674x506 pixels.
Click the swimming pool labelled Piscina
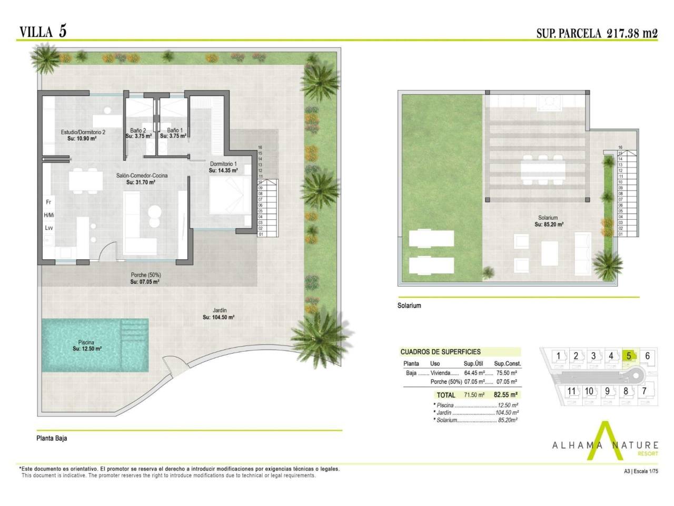click(95, 345)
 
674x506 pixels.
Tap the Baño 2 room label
click(138, 130)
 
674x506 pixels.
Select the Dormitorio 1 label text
click(223, 164)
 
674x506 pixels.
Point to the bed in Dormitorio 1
click(230, 196)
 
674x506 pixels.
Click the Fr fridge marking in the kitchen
click(48, 202)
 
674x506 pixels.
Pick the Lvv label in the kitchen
click(49, 228)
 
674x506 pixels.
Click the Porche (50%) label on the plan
click(145, 275)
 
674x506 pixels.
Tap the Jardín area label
click(219, 310)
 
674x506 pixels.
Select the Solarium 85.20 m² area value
click(549, 225)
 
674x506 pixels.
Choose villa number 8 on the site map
click(626, 391)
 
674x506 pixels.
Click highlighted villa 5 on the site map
click(629, 356)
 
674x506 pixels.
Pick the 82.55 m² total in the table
click(506, 395)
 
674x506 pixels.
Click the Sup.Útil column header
click(473, 364)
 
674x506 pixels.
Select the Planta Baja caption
click(52, 439)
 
